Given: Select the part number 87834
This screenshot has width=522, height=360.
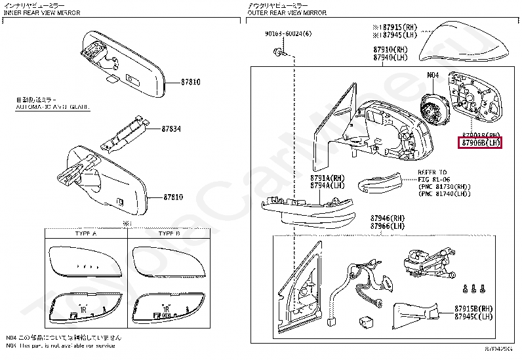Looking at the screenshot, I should tap(172, 129).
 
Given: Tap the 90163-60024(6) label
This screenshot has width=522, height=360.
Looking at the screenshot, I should tap(289, 33).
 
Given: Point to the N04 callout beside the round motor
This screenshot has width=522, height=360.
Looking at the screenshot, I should tap(433, 75).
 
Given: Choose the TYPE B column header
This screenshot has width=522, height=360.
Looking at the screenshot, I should tap(169, 233).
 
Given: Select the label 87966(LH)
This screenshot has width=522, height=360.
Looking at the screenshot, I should tap(388, 227).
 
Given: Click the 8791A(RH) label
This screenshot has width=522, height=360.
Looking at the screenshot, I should tap(327, 178).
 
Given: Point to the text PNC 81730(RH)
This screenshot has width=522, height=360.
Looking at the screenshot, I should tap(444, 186).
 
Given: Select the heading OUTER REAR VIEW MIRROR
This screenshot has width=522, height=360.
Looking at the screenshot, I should tap(287, 12).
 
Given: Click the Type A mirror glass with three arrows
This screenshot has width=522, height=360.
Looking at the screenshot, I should tap(85, 266).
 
